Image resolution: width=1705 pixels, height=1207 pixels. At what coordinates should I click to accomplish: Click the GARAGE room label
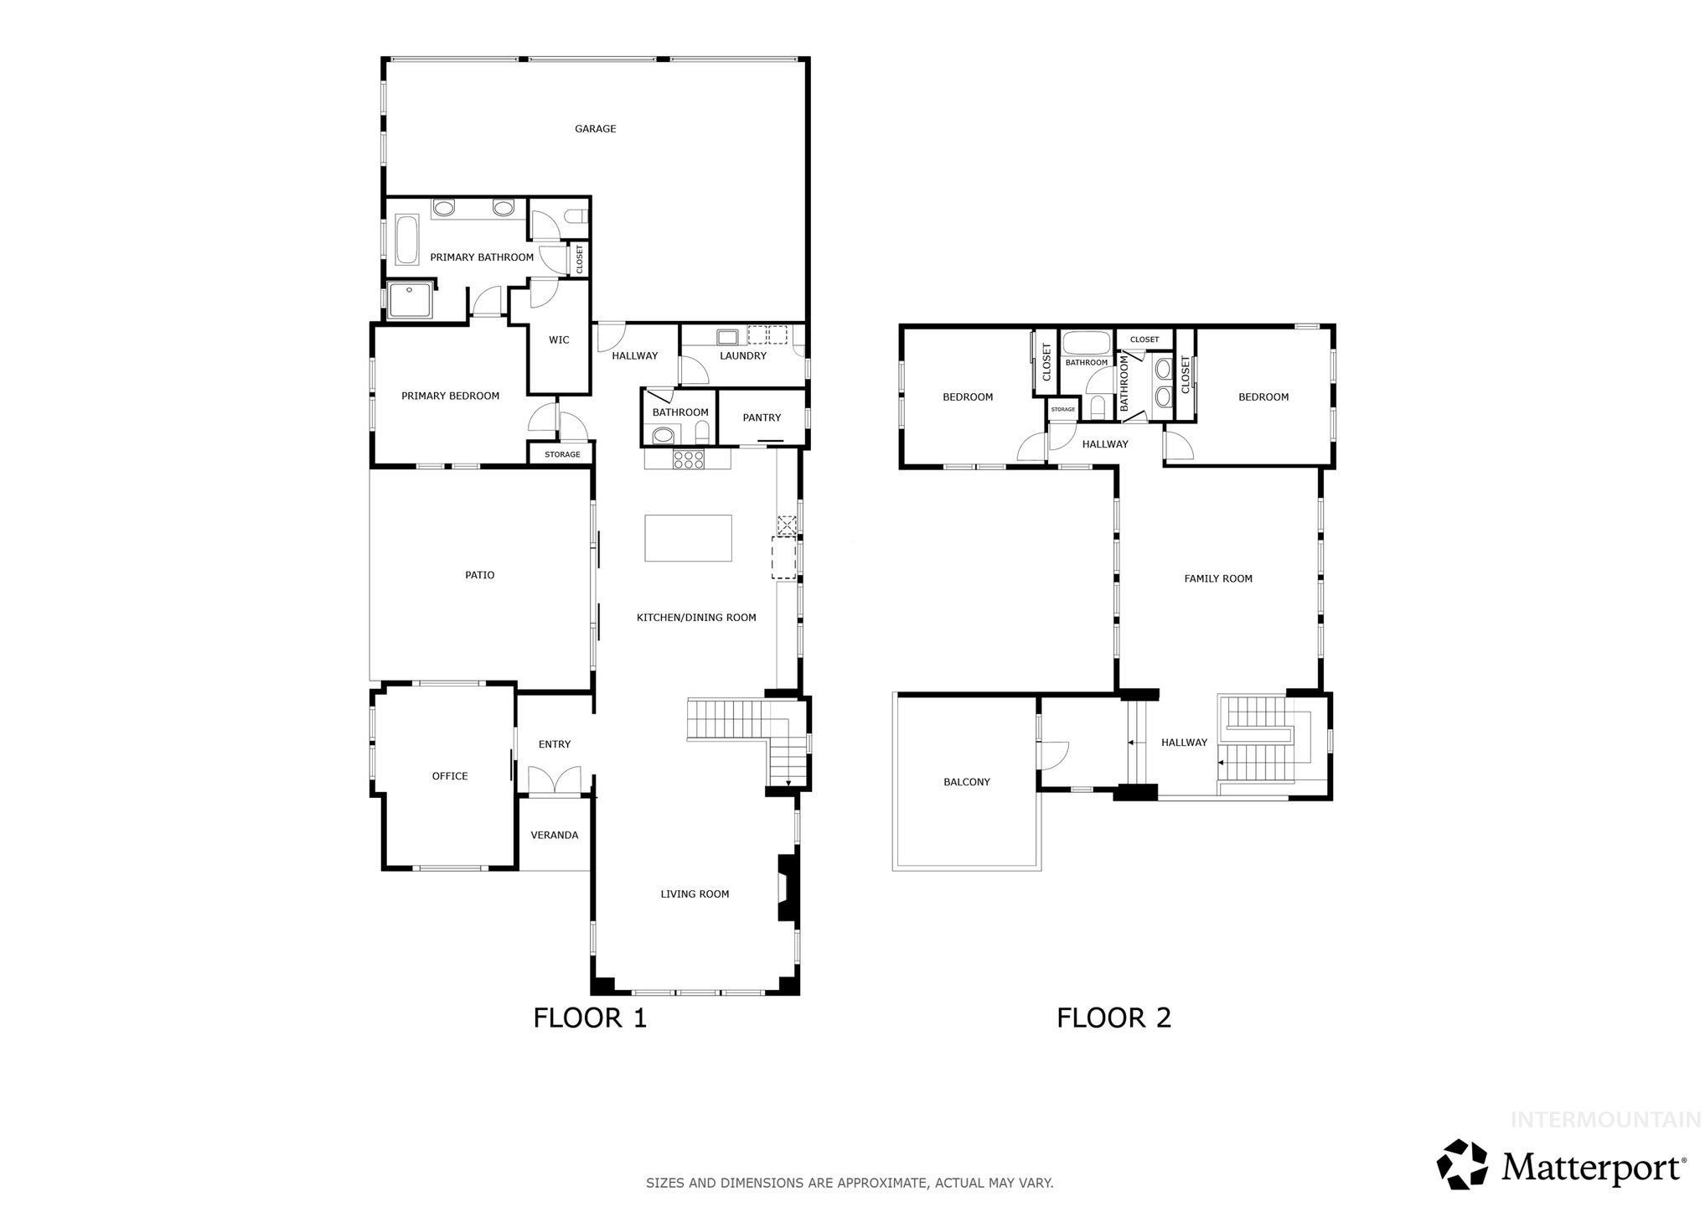point(595,128)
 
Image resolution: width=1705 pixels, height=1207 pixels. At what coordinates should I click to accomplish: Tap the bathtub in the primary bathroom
point(406,240)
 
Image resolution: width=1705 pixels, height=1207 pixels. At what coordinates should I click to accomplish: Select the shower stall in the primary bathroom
point(411,302)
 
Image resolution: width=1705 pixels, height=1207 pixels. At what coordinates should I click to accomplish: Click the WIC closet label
point(559,339)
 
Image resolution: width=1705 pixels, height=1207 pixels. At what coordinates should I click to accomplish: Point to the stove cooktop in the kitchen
point(688,459)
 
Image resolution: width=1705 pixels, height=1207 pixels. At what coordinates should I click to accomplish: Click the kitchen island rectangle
point(688,538)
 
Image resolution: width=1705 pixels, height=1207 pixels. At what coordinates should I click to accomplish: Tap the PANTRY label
point(762,417)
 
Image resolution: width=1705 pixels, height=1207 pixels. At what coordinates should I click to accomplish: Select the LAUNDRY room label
point(743,355)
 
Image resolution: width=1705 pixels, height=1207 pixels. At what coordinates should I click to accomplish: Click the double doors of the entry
point(555,780)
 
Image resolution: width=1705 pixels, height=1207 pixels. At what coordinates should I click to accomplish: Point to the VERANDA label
point(555,835)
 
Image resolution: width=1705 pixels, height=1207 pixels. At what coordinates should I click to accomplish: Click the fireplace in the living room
point(787,888)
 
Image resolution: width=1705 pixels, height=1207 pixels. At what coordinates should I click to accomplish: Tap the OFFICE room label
point(450,776)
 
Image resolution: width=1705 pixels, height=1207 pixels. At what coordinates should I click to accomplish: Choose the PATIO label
point(480,575)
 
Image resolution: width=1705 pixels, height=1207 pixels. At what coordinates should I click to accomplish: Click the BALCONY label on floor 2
point(967,782)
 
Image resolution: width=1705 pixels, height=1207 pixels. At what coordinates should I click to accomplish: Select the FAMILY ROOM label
point(1218,578)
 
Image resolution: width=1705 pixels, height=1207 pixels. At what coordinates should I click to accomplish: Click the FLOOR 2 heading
point(1113,1018)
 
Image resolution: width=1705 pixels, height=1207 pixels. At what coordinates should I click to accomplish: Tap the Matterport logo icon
point(1463,1163)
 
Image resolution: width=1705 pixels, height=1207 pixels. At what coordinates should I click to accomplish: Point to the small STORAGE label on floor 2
point(1062,409)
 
